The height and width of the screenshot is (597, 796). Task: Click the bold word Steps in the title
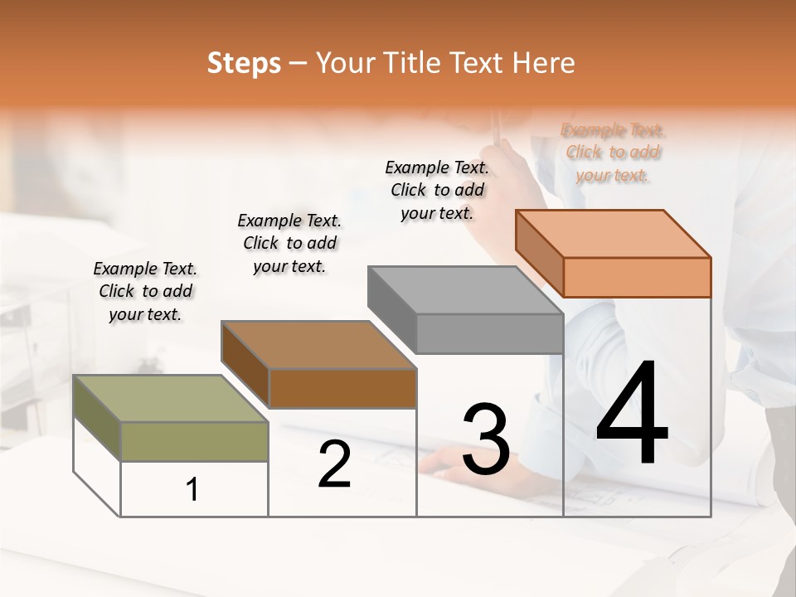pyautogui.click(x=244, y=63)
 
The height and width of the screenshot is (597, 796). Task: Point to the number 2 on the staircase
pyautogui.click(x=334, y=464)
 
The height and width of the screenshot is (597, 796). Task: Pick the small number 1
pyautogui.click(x=192, y=489)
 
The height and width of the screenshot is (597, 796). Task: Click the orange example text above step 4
pyautogui.click(x=613, y=153)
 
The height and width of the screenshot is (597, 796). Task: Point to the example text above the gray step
pyautogui.click(x=437, y=190)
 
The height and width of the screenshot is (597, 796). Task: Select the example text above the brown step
pyautogui.click(x=289, y=243)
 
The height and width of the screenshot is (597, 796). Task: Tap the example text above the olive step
pyautogui.click(x=145, y=291)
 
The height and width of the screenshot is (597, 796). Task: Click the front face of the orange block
pyautogui.click(x=637, y=277)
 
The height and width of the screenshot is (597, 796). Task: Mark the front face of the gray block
pyautogui.click(x=489, y=334)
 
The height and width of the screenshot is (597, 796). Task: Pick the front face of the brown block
pyautogui.click(x=342, y=388)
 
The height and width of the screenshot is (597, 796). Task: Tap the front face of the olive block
pyautogui.click(x=194, y=441)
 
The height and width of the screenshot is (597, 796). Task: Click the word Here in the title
pyautogui.click(x=543, y=63)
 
